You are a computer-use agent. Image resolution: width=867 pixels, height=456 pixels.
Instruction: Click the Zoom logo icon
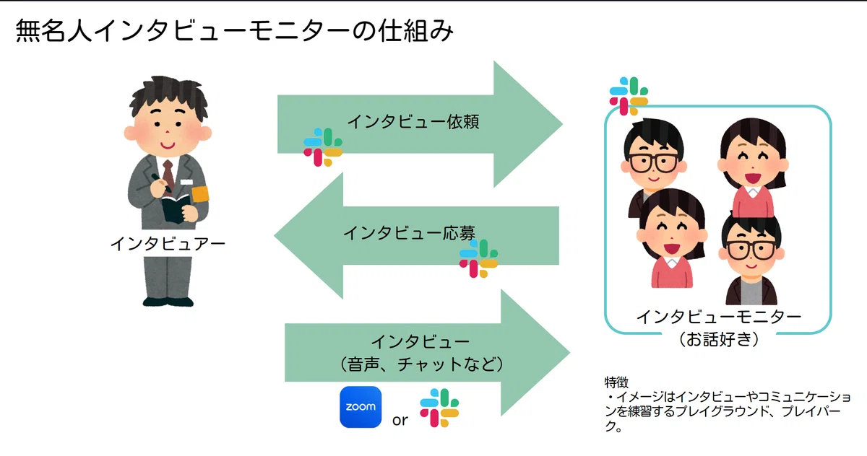pyautogui.click(x=361, y=407)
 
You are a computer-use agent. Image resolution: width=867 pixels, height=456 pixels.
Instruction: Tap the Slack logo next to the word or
pyautogui.click(x=439, y=408)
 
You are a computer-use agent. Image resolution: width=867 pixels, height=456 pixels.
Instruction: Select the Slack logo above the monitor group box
pyautogui.click(x=629, y=96)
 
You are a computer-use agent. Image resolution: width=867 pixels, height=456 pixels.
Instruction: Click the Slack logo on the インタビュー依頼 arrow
pyautogui.click(x=323, y=147)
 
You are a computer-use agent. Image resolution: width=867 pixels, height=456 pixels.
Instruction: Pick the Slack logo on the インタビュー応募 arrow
pyautogui.click(x=479, y=258)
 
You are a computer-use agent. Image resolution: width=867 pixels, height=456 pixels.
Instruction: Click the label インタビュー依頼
pyautogui.click(x=413, y=121)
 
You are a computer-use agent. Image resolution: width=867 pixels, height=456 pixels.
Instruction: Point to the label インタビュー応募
pyautogui.click(x=410, y=233)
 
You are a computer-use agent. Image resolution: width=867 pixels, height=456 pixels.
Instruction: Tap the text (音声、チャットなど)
pyautogui.click(x=421, y=364)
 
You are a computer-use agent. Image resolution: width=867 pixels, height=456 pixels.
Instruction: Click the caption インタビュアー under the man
pyautogui.click(x=168, y=244)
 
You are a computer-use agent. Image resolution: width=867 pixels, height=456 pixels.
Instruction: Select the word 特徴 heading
pyautogui.click(x=616, y=382)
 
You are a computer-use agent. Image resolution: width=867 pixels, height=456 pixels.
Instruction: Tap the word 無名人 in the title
pyautogui.click(x=53, y=31)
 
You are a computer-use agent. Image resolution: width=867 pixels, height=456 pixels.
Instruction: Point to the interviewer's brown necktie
pyautogui.click(x=168, y=176)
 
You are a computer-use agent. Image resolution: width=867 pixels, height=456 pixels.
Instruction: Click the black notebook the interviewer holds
pyautogui.click(x=176, y=209)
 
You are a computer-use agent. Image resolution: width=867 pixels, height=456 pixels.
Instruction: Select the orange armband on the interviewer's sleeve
pyautogui.click(x=200, y=194)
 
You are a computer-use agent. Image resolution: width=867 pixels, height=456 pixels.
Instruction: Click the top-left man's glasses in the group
pyautogui.click(x=654, y=162)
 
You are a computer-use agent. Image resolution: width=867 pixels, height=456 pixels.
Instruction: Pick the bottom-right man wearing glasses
pyautogui.click(x=751, y=259)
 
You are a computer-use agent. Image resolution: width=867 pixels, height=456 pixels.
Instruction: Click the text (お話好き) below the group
pyautogui.click(x=719, y=339)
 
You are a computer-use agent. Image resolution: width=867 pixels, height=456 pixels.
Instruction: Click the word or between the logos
pyautogui.click(x=400, y=420)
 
